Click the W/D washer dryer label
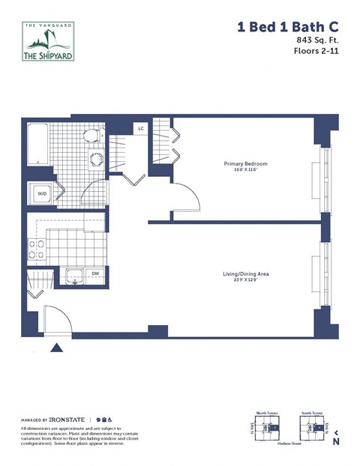[x=40, y=195]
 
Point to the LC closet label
[x=141, y=129]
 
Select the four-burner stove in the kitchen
[x=35, y=248]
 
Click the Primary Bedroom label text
[x=245, y=164]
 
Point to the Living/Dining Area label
[x=246, y=274]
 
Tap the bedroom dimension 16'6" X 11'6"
[x=245, y=171]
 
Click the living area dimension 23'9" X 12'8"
[x=246, y=281]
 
